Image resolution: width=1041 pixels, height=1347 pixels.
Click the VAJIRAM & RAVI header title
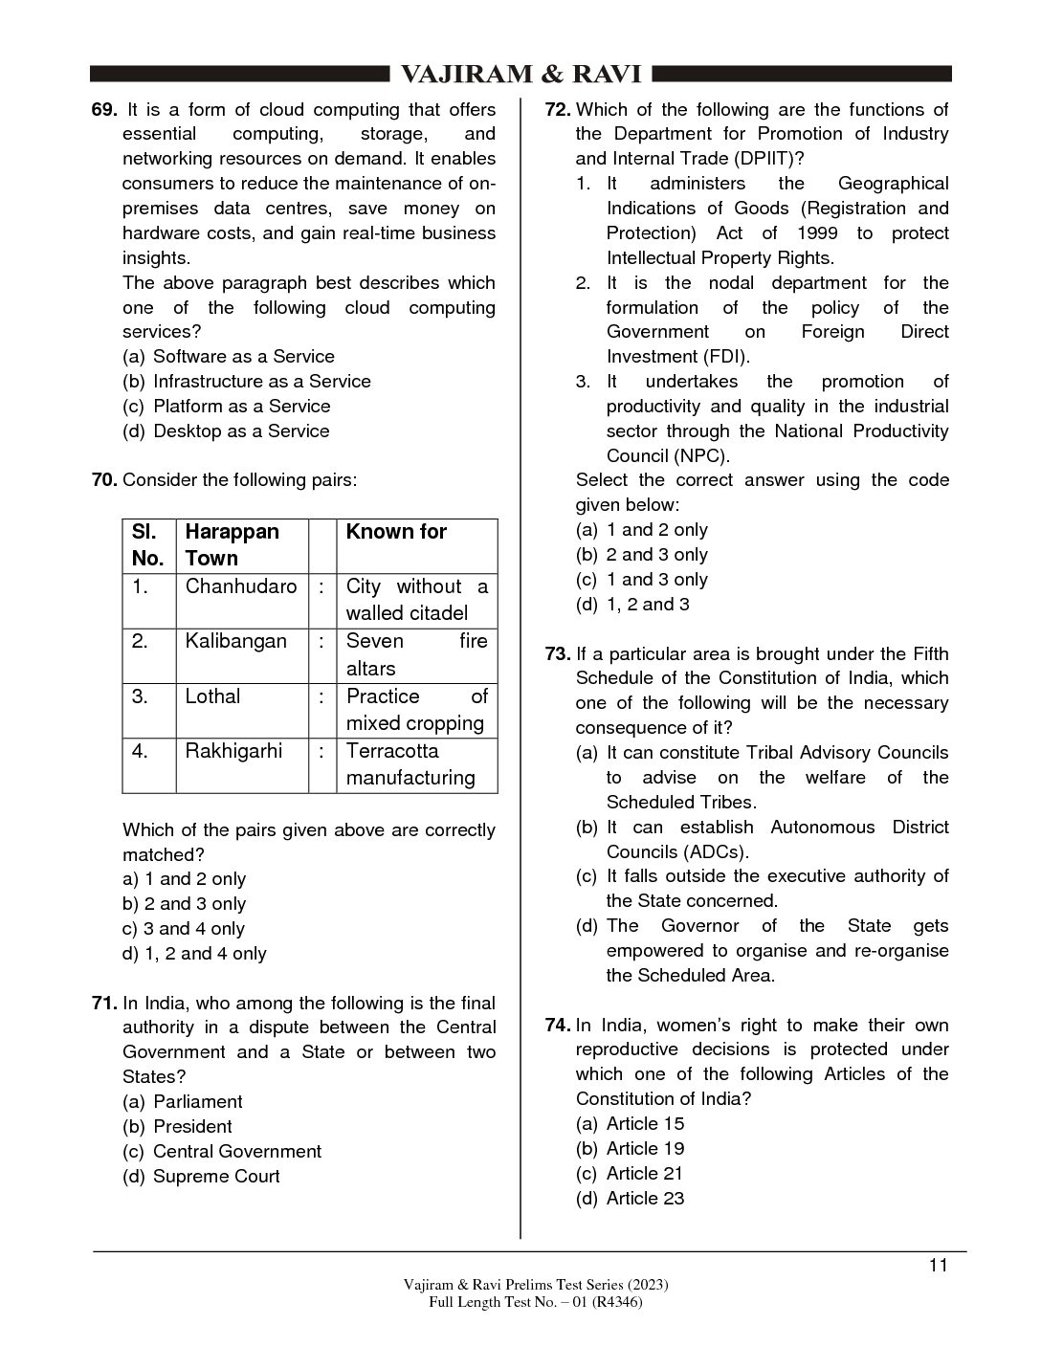520,76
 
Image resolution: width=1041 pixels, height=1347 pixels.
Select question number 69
104,110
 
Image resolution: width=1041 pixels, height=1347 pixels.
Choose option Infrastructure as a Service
261,382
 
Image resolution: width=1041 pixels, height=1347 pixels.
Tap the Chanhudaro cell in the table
241,586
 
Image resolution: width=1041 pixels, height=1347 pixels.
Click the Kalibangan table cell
235,642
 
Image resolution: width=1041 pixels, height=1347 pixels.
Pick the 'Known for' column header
396,532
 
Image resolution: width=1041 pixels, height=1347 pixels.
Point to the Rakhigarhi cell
233,751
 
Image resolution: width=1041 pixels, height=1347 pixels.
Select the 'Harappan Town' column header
232,545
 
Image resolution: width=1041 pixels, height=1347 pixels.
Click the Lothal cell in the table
212,696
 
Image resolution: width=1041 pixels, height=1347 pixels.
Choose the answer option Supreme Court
216,1177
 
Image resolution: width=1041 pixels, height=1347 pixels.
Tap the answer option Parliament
198,1102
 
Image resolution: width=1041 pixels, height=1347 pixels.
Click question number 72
558,110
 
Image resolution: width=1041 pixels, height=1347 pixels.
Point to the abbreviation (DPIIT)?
760,159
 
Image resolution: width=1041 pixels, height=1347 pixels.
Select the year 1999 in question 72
816,233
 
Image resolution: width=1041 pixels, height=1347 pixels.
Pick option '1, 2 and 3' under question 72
647,605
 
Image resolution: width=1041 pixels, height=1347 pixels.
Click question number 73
558,654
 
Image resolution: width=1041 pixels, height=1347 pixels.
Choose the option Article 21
645,1174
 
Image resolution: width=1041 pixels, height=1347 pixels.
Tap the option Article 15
645,1124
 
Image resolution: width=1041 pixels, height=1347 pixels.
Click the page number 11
938,1266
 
